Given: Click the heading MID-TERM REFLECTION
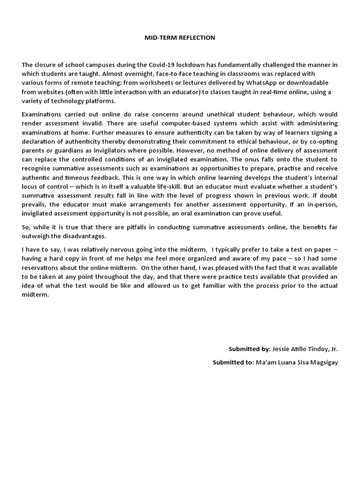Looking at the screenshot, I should coord(180,37).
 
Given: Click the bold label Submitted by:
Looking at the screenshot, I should coord(249,349).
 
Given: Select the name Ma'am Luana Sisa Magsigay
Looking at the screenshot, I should coord(296,362).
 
